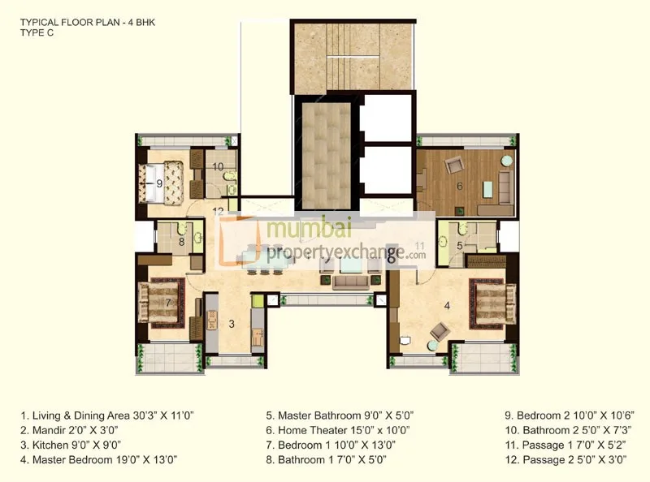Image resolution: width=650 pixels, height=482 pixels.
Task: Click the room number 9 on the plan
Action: tap(159, 183)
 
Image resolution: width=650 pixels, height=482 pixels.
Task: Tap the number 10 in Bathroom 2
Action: tap(218, 167)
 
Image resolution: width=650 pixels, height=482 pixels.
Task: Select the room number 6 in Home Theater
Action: tap(460, 186)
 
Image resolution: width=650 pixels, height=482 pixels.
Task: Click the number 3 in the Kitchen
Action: tap(232, 325)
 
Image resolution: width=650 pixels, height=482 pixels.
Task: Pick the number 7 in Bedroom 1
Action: tap(167, 303)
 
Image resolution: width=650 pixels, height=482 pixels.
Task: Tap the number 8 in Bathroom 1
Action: tap(182, 240)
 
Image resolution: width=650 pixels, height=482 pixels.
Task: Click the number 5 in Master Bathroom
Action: tap(459, 244)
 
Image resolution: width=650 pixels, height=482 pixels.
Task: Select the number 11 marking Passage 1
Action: tap(419, 244)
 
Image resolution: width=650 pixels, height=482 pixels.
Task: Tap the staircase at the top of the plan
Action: tap(353, 58)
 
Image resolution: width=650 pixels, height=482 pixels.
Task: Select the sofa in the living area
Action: tap(350, 282)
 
